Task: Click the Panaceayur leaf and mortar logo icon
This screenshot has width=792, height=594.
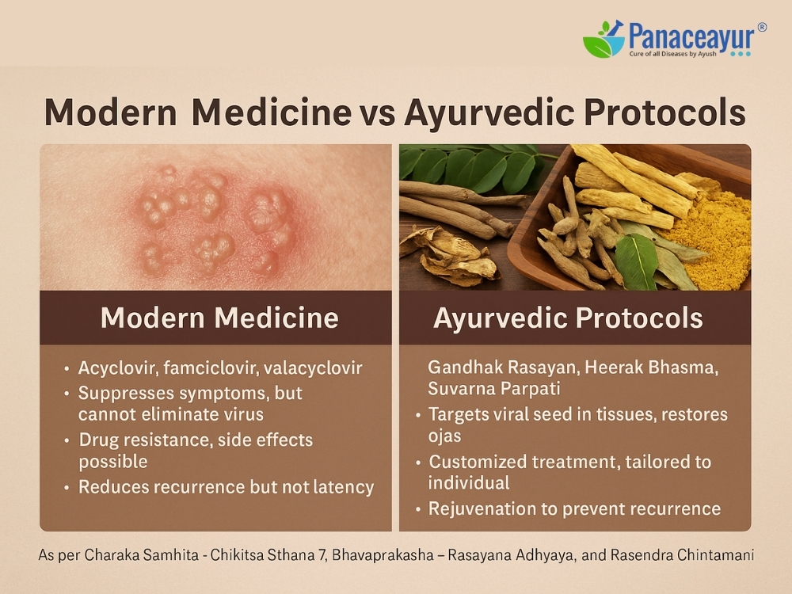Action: (604, 39)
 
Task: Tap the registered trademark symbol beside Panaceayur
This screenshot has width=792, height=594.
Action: (762, 27)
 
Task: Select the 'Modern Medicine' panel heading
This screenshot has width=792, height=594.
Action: (219, 318)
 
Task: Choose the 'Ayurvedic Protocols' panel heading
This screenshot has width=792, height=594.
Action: (568, 318)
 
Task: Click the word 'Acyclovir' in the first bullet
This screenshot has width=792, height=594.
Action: (119, 367)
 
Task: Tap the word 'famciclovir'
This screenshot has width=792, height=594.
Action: (211, 367)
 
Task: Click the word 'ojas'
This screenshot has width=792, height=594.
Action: (444, 436)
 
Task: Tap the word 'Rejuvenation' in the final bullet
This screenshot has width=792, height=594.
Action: (482, 508)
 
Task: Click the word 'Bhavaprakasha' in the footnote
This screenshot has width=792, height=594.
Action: (383, 555)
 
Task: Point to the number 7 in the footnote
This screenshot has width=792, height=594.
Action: (322, 555)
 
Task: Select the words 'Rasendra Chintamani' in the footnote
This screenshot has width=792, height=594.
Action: (682, 555)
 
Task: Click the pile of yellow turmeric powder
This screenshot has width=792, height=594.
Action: (710, 242)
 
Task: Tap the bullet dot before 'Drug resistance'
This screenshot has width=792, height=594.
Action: (67, 440)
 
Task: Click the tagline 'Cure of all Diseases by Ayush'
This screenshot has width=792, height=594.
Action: (672, 54)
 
